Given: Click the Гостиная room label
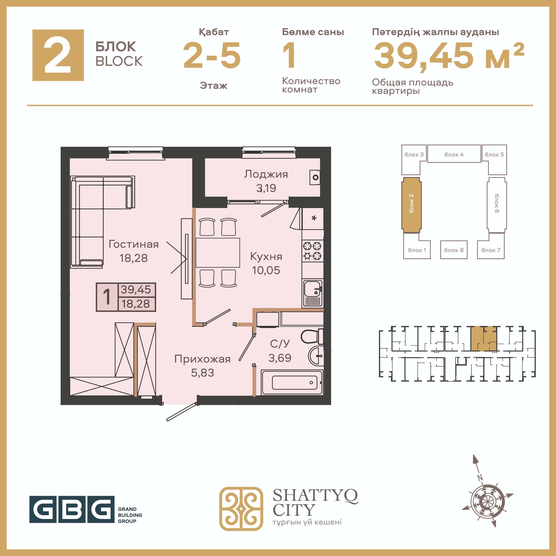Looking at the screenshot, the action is pyautogui.click(x=134, y=244).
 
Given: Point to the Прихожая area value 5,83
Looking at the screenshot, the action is pyautogui.click(x=203, y=373).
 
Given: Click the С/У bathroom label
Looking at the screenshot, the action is pyautogui.click(x=280, y=344).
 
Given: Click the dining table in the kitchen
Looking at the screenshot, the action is pyautogui.click(x=218, y=253).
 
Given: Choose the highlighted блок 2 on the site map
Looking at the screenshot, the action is pyautogui.click(x=411, y=205).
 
